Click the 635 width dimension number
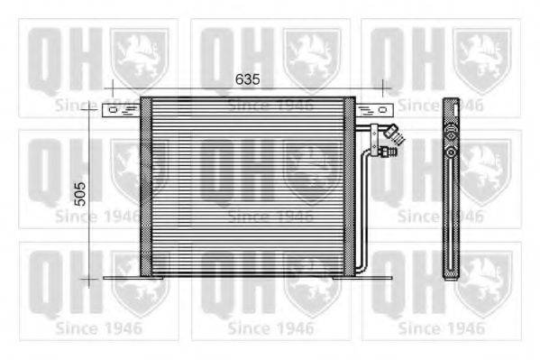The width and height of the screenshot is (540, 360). [247, 79]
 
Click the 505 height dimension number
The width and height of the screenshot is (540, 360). [80, 194]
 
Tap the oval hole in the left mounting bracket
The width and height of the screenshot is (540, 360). [113, 110]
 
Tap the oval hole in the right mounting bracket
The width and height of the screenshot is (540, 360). [382, 110]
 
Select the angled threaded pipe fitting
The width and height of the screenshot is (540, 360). [395, 134]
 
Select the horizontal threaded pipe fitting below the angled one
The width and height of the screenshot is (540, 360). [388, 152]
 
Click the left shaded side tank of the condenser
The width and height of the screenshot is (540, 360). [146, 187]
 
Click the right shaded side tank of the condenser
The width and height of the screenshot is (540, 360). [350, 187]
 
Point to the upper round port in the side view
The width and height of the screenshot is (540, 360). [451, 135]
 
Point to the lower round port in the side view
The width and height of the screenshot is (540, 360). [451, 152]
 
